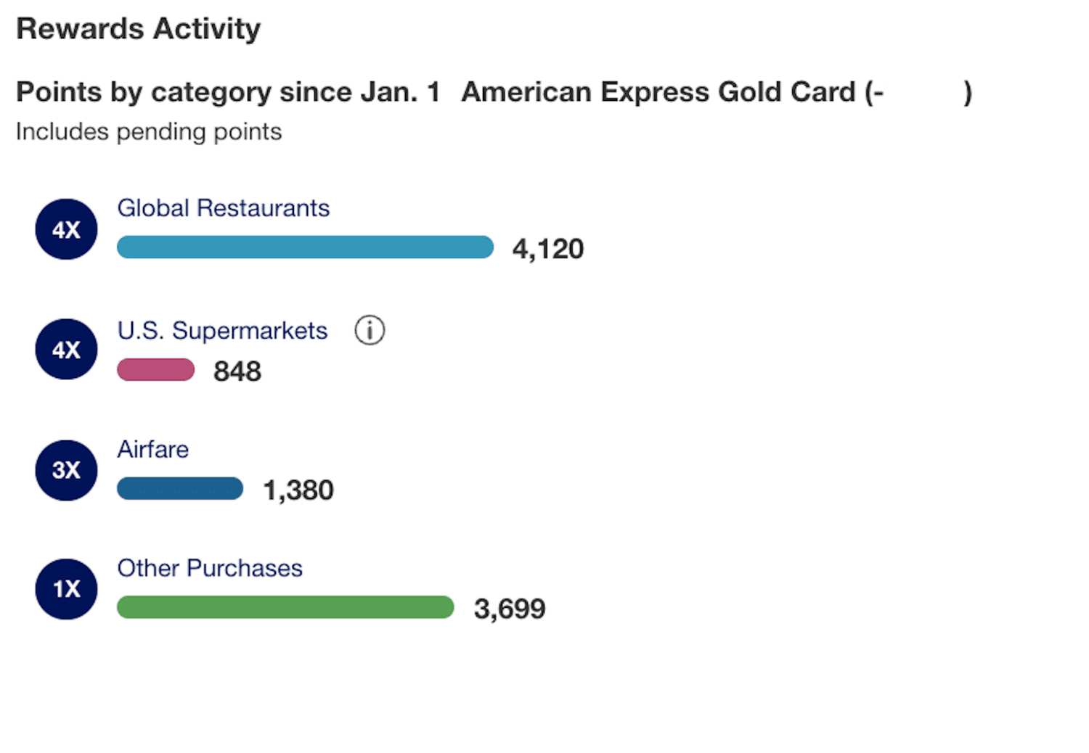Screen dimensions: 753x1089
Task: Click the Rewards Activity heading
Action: [138, 29]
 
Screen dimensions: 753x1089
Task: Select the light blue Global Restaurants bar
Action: [305, 247]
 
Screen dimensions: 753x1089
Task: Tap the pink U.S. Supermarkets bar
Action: [155, 370]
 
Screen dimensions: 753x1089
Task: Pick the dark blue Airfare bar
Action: [180, 488]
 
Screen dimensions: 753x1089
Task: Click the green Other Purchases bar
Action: [285, 607]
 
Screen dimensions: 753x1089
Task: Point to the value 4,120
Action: [547, 249]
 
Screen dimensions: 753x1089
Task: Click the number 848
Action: [237, 371]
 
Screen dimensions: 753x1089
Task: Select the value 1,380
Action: [298, 490]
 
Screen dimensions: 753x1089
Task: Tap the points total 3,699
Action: [509, 609]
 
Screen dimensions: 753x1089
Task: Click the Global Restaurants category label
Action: [223, 208]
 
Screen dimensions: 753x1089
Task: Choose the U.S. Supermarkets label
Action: [222, 331]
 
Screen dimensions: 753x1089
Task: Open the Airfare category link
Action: [152, 450]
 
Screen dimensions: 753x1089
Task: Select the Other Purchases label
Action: [210, 568]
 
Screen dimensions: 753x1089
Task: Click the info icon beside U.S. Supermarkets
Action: [370, 331]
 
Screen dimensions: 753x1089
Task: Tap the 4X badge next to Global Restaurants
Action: [66, 229]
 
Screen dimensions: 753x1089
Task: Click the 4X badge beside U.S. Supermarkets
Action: [66, 350]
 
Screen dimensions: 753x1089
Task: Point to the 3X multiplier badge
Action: [66, 470]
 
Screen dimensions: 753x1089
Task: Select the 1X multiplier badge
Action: [66, 589]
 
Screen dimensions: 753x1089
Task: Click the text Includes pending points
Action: [149, 132]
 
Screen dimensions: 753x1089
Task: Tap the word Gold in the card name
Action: [749, 92]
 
